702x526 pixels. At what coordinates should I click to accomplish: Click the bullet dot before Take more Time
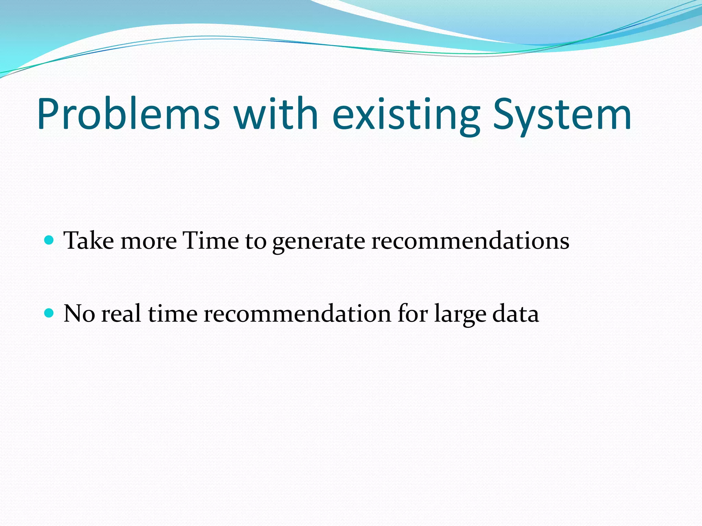tap(49, 240)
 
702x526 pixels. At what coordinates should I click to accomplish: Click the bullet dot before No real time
tap(49, 313)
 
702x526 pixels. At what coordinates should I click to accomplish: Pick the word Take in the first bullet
tap(89, 240)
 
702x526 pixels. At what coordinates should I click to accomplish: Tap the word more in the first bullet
tap(149, 241)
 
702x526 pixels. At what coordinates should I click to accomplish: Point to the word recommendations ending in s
tap(470, 241)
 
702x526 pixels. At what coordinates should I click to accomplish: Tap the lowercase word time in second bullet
tap(173, 314)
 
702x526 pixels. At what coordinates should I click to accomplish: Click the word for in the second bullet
tap(412, 314)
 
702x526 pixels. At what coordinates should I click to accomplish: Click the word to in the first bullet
tap(256, 241)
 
